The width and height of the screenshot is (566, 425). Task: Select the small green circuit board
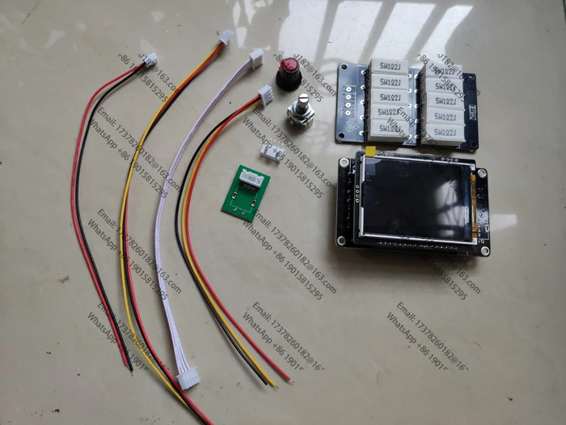(x=248, y=190)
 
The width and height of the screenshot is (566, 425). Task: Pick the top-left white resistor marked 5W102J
(x=386, y=66)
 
